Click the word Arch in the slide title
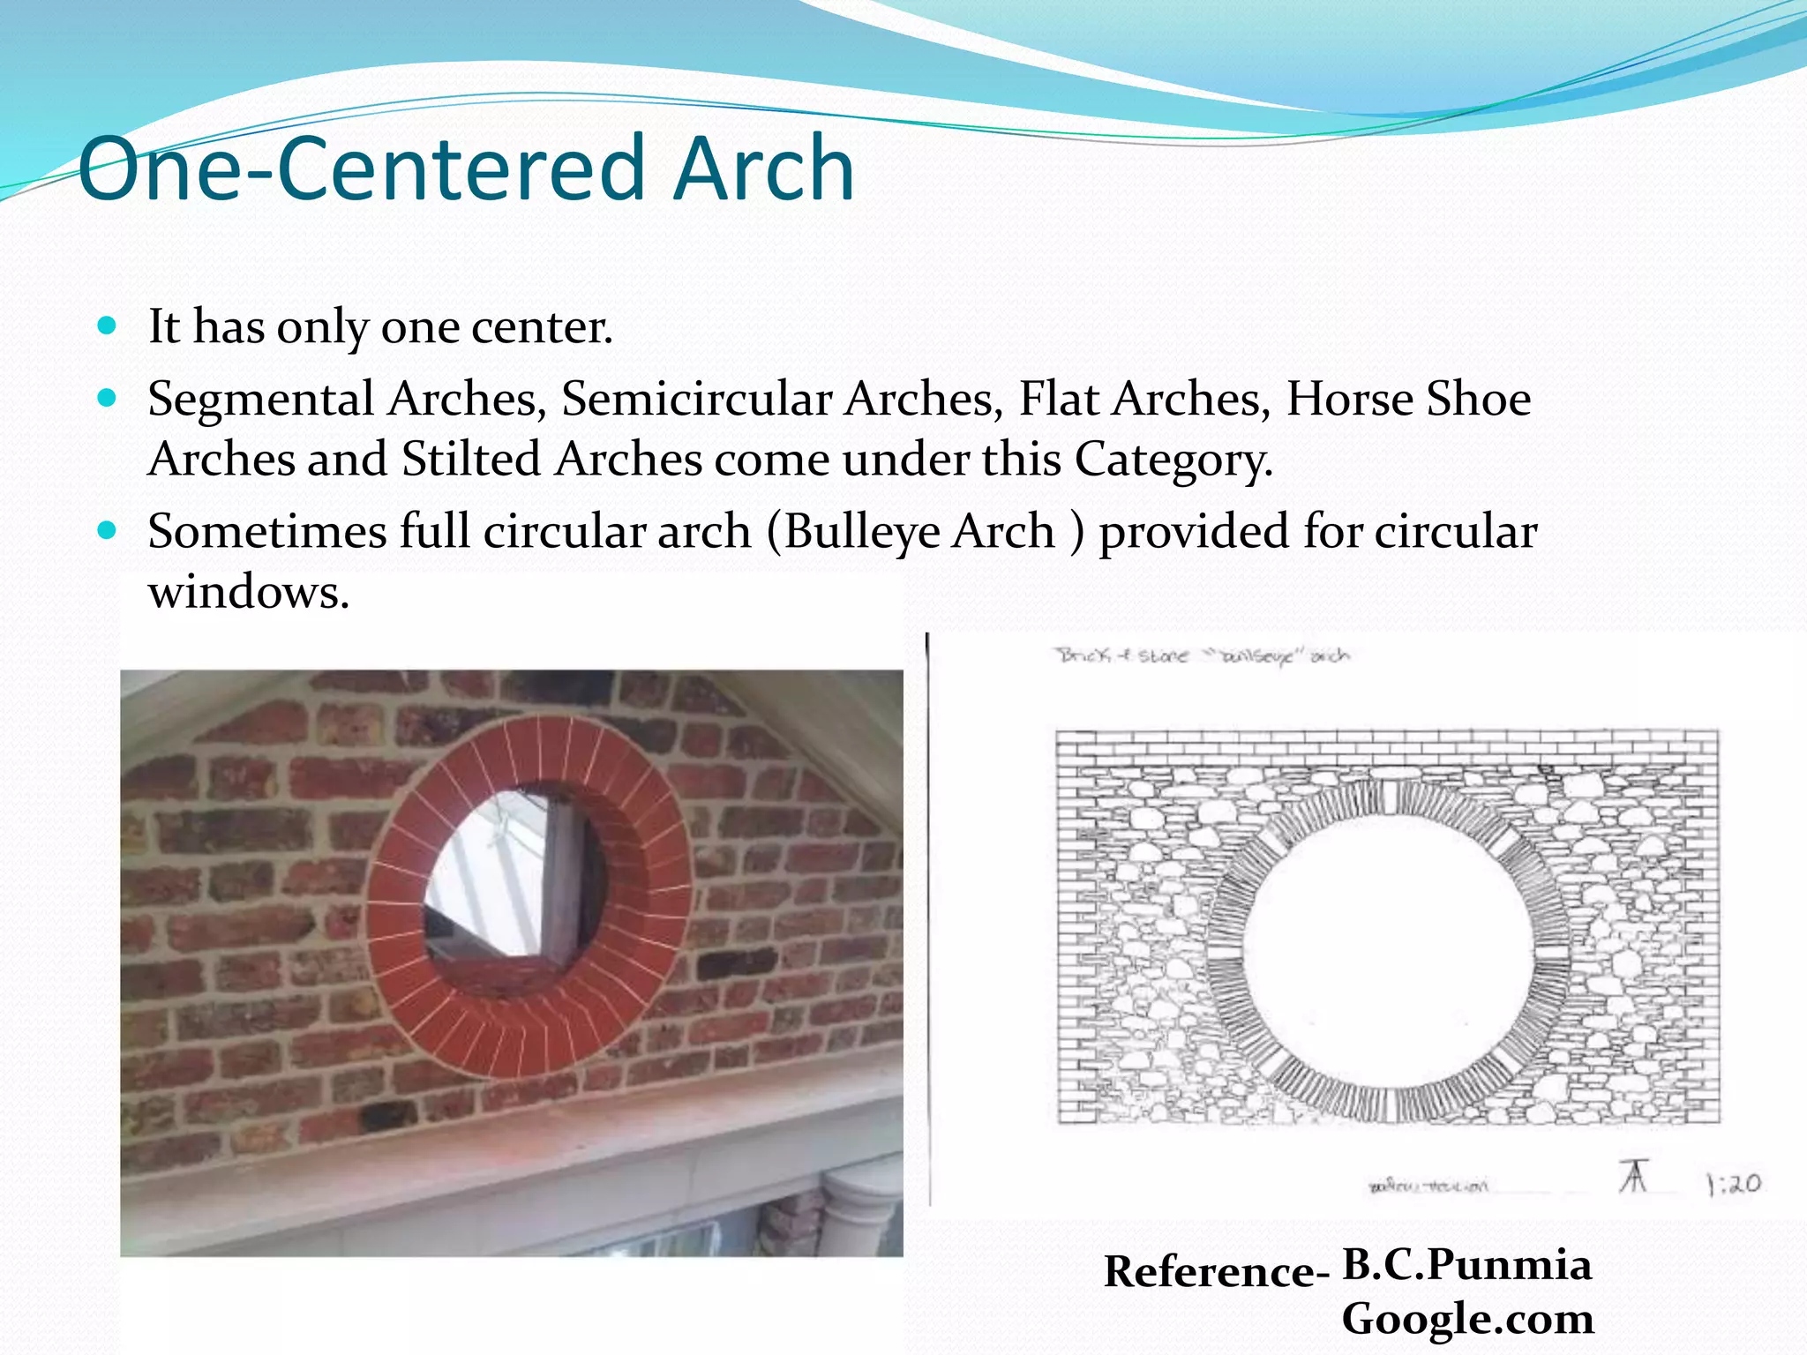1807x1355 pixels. coord(764,168)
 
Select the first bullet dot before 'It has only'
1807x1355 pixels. coord(107,326)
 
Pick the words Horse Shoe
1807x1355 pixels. coord(1408,399)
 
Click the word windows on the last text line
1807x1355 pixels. coord(249,592)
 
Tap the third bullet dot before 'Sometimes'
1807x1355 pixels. coord(107,531)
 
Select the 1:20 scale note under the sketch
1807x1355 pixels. coord(1733,1184)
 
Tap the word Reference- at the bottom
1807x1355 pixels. coord(1216,1272)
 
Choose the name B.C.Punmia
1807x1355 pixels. coord(1466,1265)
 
